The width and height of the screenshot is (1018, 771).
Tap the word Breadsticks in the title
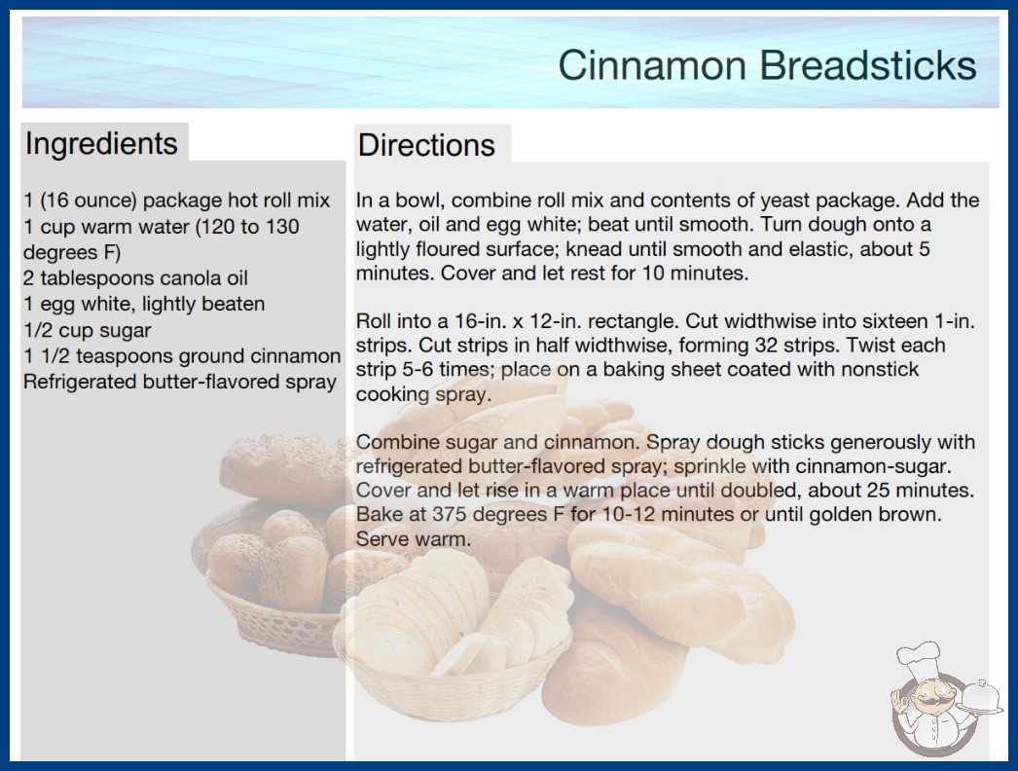click(868, 65)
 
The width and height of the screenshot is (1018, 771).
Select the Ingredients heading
click(101, 143)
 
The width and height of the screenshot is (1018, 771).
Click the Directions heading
click(426, 145)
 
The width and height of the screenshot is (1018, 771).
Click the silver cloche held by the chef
click(981, 698)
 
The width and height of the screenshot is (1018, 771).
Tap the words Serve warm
click(413, 538)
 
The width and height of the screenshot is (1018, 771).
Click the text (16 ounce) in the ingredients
click(89, 201)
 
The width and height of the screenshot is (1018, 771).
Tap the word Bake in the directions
click(377, 514)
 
